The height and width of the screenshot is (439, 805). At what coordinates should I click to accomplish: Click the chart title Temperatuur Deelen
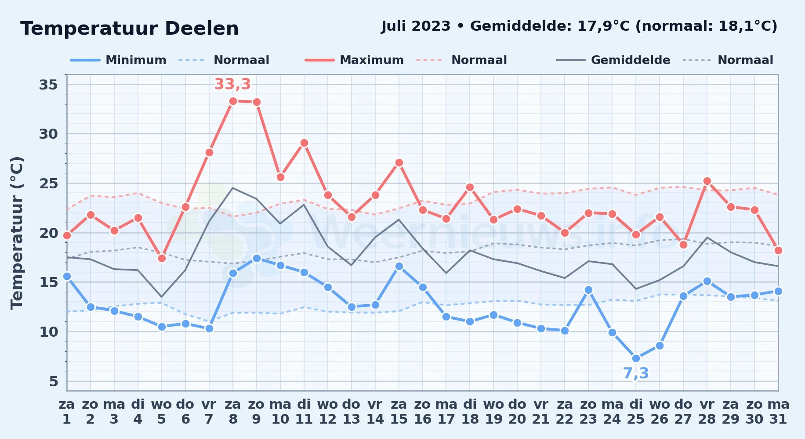[130, 29]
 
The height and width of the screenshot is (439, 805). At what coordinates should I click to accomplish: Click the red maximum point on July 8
[233, 101]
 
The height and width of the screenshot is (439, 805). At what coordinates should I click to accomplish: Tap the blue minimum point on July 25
[636, 358]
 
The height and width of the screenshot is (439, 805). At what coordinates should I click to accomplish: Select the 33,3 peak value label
[232, 84]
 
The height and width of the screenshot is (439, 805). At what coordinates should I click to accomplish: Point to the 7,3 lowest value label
[636, 373]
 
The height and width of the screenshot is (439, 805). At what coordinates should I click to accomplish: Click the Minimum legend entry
[118, 60]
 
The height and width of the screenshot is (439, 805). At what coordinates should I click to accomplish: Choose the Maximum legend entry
[354, 60]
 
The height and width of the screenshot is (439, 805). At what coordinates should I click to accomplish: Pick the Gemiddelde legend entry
[613, 60]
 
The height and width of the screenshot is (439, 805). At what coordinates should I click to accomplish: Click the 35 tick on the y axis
[48, 84]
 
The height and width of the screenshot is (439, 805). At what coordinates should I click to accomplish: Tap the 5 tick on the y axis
[54, 381]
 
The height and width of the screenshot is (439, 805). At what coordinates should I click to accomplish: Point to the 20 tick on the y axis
[48, 233]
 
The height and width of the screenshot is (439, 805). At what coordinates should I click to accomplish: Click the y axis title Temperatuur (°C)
[17, 233]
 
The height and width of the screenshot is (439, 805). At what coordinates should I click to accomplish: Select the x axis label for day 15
[399, 412]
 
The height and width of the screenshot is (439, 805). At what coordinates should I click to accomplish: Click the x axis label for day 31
[778, 412]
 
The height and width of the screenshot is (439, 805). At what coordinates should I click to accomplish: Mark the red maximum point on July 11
[304, 143]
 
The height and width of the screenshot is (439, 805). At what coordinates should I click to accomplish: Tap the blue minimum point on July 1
[67, 276]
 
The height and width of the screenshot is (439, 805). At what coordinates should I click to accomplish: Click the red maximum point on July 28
[707, 181]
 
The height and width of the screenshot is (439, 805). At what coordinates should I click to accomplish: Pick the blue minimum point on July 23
[588, 290]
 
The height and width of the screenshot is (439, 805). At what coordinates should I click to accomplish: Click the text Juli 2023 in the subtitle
[416, 26]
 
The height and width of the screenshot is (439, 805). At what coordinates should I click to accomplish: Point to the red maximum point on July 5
[162, 258]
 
